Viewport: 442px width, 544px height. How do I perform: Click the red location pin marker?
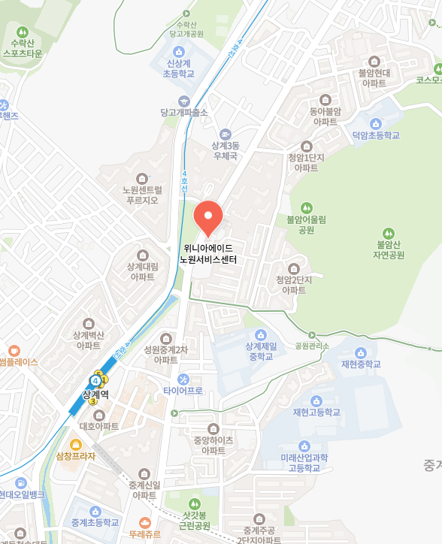point(207,216)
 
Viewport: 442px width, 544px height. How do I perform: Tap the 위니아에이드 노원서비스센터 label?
point(207,253)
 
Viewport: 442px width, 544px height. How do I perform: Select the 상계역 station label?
point(95,393)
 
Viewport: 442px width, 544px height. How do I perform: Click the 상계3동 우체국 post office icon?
point(225,132)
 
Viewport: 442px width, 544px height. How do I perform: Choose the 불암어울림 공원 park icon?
point(306,207)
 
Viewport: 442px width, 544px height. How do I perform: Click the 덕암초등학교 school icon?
point(376,122)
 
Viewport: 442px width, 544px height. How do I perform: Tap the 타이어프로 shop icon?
point(183,378)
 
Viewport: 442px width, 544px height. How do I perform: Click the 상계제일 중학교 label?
point(261,351)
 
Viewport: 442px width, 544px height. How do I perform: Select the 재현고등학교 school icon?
point(316,400)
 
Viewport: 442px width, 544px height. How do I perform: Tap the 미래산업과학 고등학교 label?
point(305,462)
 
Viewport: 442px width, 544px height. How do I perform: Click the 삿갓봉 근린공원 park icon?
point(194,503)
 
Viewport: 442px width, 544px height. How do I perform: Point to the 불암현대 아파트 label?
point(374,77)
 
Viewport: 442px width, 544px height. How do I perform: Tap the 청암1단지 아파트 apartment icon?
point(305,145)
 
